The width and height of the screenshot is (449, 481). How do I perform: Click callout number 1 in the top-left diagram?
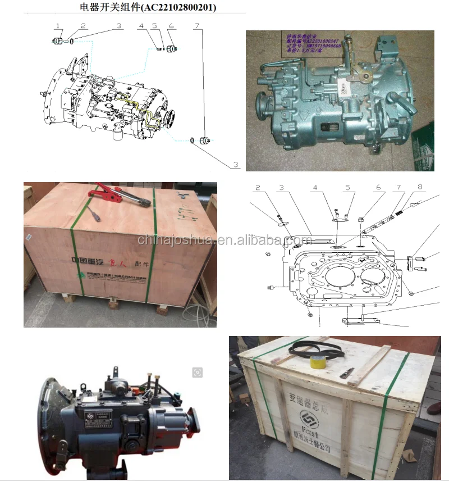click(58, 26)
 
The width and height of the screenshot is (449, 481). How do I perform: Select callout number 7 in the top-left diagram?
click(196, 26)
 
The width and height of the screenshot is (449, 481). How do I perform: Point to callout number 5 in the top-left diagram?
click(154, 26)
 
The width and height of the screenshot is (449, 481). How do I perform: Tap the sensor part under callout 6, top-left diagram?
click(172, 49)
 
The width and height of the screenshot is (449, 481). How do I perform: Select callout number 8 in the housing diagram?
click(419, 187)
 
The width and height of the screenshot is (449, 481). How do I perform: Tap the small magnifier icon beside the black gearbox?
click(197, 371)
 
